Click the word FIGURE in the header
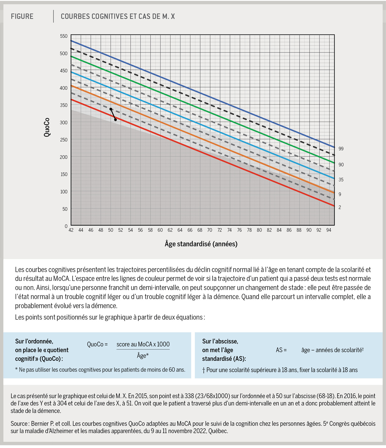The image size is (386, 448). (22, 16)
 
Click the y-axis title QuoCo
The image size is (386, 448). (47, 127)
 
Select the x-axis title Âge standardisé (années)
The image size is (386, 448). (201, 244)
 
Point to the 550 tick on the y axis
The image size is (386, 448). (64, 36)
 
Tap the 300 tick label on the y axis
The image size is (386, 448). (64, 123)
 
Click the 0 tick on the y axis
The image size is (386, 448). (66, 226)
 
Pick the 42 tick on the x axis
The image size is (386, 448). (71, 230)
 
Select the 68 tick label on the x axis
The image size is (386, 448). (200, 230)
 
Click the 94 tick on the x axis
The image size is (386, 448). (328, 230)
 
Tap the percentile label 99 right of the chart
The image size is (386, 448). (341, 149)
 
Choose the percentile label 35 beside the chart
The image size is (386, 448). (341, 180)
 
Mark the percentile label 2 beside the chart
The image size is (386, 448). (340, 207)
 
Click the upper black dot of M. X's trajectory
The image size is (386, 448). (111, 109)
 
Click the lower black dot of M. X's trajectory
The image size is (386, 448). (115, 120)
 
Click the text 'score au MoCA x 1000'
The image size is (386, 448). (143, 344)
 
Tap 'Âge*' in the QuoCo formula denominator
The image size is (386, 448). (143, 356)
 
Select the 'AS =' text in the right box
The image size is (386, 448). (281, 350)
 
